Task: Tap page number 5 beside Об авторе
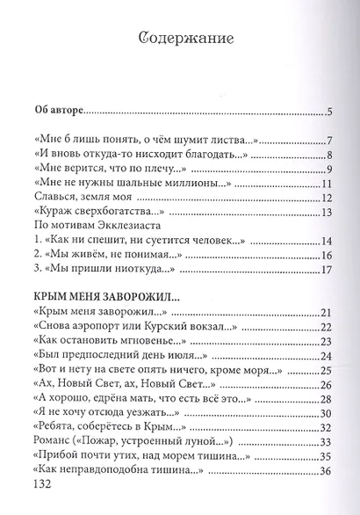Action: (x=327, y=112)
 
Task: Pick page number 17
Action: (x=324, y=272)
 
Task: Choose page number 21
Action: (x=324, y=314)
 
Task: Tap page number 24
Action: (x=324, y=357)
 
